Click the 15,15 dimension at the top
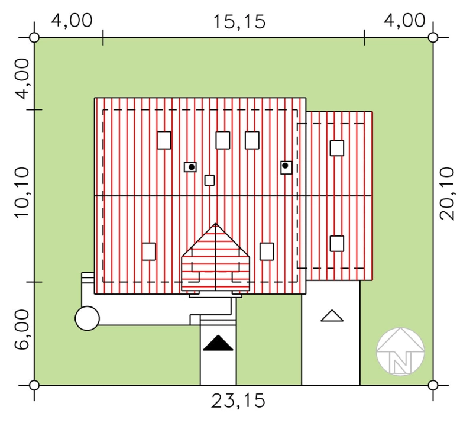click(239, 22)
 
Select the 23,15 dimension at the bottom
click(238, 401)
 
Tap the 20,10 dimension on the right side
click(447, 193)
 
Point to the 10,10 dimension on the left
click(22, 193)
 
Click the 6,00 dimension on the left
click(22, 330)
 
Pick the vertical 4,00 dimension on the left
click(22, 79)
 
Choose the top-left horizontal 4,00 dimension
click(72, 21)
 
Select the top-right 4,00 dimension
click(404, 21)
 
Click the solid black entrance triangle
click(218, 343)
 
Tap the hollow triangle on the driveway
click(332, 316)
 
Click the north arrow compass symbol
click(400, 351)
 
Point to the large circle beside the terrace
click(87, 318)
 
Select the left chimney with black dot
click(190, 167)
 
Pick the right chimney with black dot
click(286, 167)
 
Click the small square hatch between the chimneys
click(210, 180)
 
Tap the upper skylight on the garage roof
click(337, 148)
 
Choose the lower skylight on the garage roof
click(337, 244)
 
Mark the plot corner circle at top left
click(34, 38)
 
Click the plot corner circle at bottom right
click(433, 385)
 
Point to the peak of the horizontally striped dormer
click(215, 224)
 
